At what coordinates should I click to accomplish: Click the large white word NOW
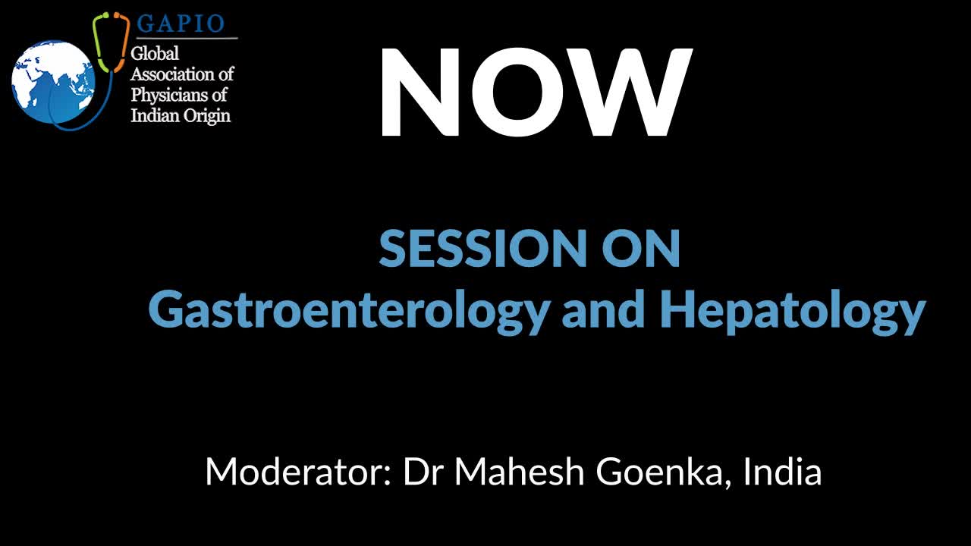(536, 93)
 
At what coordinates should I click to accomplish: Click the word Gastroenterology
(350, 312)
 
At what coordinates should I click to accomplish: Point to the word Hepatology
(793, 312)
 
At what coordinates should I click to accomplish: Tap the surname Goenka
(660, 472)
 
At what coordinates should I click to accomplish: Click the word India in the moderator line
(782, 472)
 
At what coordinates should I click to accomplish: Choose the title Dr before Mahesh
(423, 472)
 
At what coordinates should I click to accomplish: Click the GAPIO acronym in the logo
(181, 24)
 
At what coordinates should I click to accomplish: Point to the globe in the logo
(53, 82)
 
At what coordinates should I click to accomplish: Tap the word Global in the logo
(155, 54)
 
